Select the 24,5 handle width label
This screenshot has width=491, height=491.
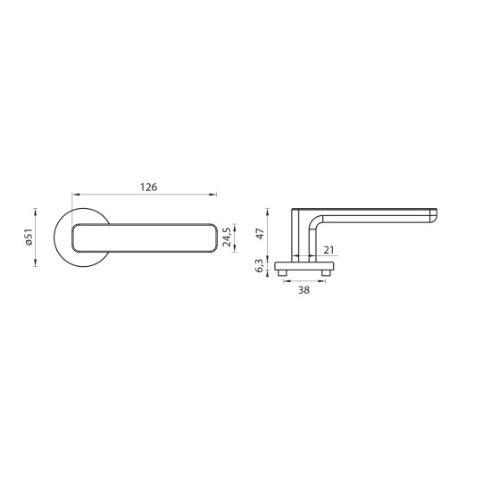228,236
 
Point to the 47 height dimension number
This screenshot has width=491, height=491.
260,234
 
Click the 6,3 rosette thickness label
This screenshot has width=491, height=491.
260,265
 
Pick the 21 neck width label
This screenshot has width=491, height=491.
329,250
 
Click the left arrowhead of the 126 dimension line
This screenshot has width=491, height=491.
74,194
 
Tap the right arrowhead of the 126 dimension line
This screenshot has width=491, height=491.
213,194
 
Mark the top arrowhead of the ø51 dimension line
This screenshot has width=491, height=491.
36,209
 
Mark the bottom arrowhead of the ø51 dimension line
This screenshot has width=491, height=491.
36,263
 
